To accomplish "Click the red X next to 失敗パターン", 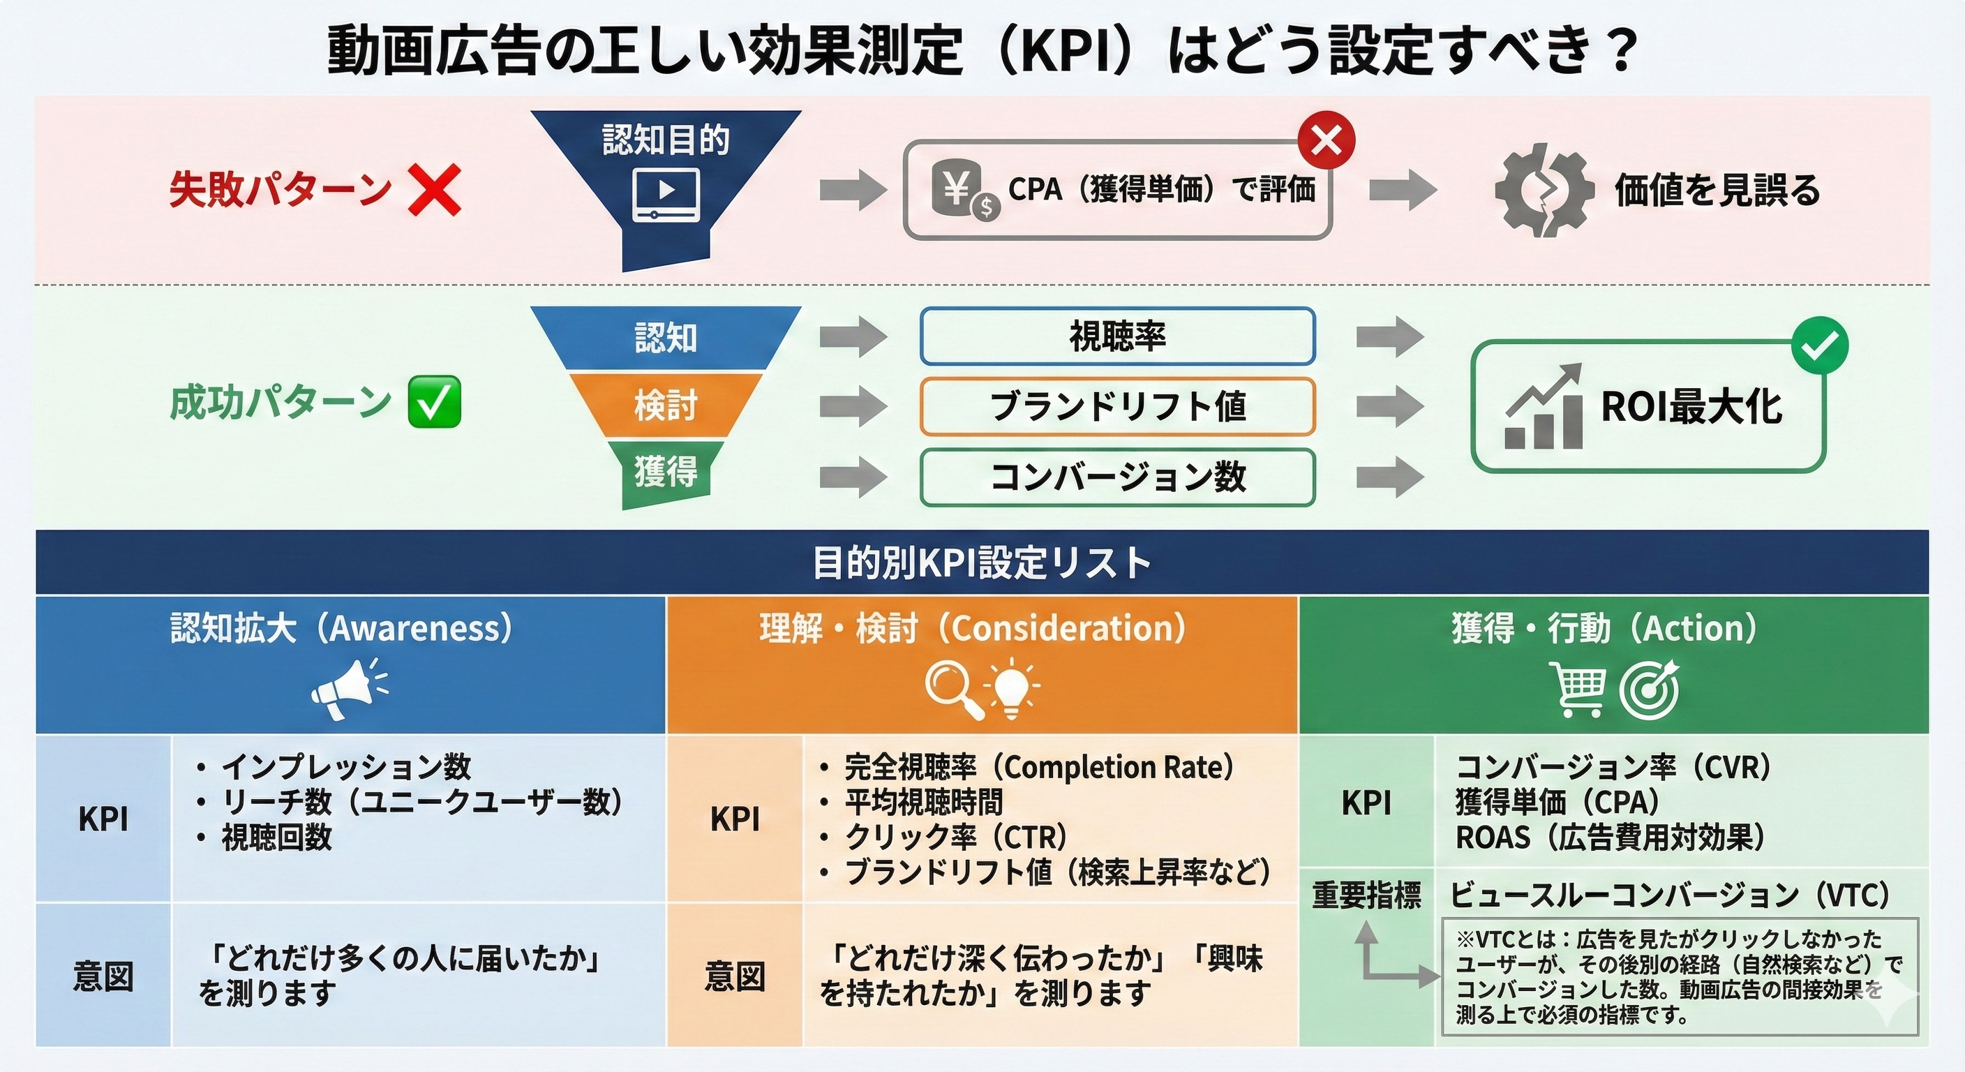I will (x=434, y=190).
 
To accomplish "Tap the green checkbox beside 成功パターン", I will (x=435, y=402).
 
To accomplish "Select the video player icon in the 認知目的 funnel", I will (x=666, y=195).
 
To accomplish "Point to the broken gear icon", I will (x=1543, y=189).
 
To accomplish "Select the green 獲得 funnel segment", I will (x=665, y=473).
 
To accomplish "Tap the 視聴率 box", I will (x=1116, y=336).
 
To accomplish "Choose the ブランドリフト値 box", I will (x=1116, y=407).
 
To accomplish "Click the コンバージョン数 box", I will (x=1116, y=477).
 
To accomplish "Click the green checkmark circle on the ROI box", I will (x=1819, y=345).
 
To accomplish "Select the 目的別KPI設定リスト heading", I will (x=982, y=563).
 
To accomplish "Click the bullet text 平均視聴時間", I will (x=923, y=802).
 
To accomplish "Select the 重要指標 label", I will (x=1366, y=895).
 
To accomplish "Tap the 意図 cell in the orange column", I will (x=734, y=976).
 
